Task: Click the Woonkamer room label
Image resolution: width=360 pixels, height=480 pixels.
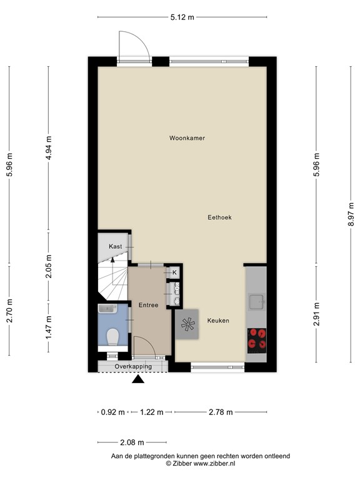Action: click(187, 137)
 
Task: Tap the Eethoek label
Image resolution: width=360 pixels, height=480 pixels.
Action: click(220, 217)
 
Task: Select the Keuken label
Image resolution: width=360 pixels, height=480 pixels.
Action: click(218, 321)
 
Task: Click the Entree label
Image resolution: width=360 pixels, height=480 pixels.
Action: click(148, 305)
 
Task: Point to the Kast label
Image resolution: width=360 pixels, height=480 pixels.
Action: click(115, 247)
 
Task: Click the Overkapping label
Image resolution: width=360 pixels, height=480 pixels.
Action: click(132, 366)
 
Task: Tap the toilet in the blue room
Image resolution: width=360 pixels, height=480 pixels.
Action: click(112, 337)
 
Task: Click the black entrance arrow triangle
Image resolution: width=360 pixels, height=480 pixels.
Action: click(139, 379)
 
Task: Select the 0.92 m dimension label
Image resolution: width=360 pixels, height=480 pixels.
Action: click(112, 412)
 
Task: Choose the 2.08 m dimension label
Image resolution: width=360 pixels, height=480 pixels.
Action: click(131, 442)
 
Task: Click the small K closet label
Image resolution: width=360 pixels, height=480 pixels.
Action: click(174, 272)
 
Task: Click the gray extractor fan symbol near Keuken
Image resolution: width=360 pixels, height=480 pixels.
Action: click(187, 324)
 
